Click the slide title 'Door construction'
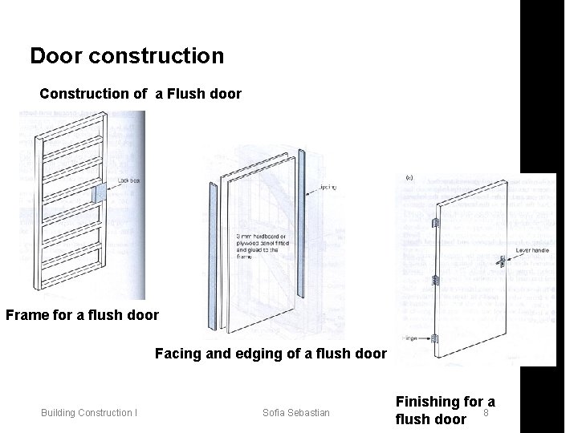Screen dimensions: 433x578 click(x=127, y=57)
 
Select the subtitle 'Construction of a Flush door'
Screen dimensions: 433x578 click(x=140, y=94)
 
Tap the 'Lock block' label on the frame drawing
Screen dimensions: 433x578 click(x=129, y=181)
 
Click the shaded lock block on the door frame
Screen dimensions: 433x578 click(x=100, y=193)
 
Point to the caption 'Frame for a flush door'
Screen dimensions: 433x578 click(x=83, y=314)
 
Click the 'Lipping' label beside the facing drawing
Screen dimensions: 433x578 click(x=327, y=188)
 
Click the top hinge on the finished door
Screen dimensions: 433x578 click(x=433, y=222)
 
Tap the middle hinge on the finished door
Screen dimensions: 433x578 click(x=434, y=281)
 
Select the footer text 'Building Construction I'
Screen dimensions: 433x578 click(x=89, y=413)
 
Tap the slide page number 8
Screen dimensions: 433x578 click(x=486, y=414)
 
